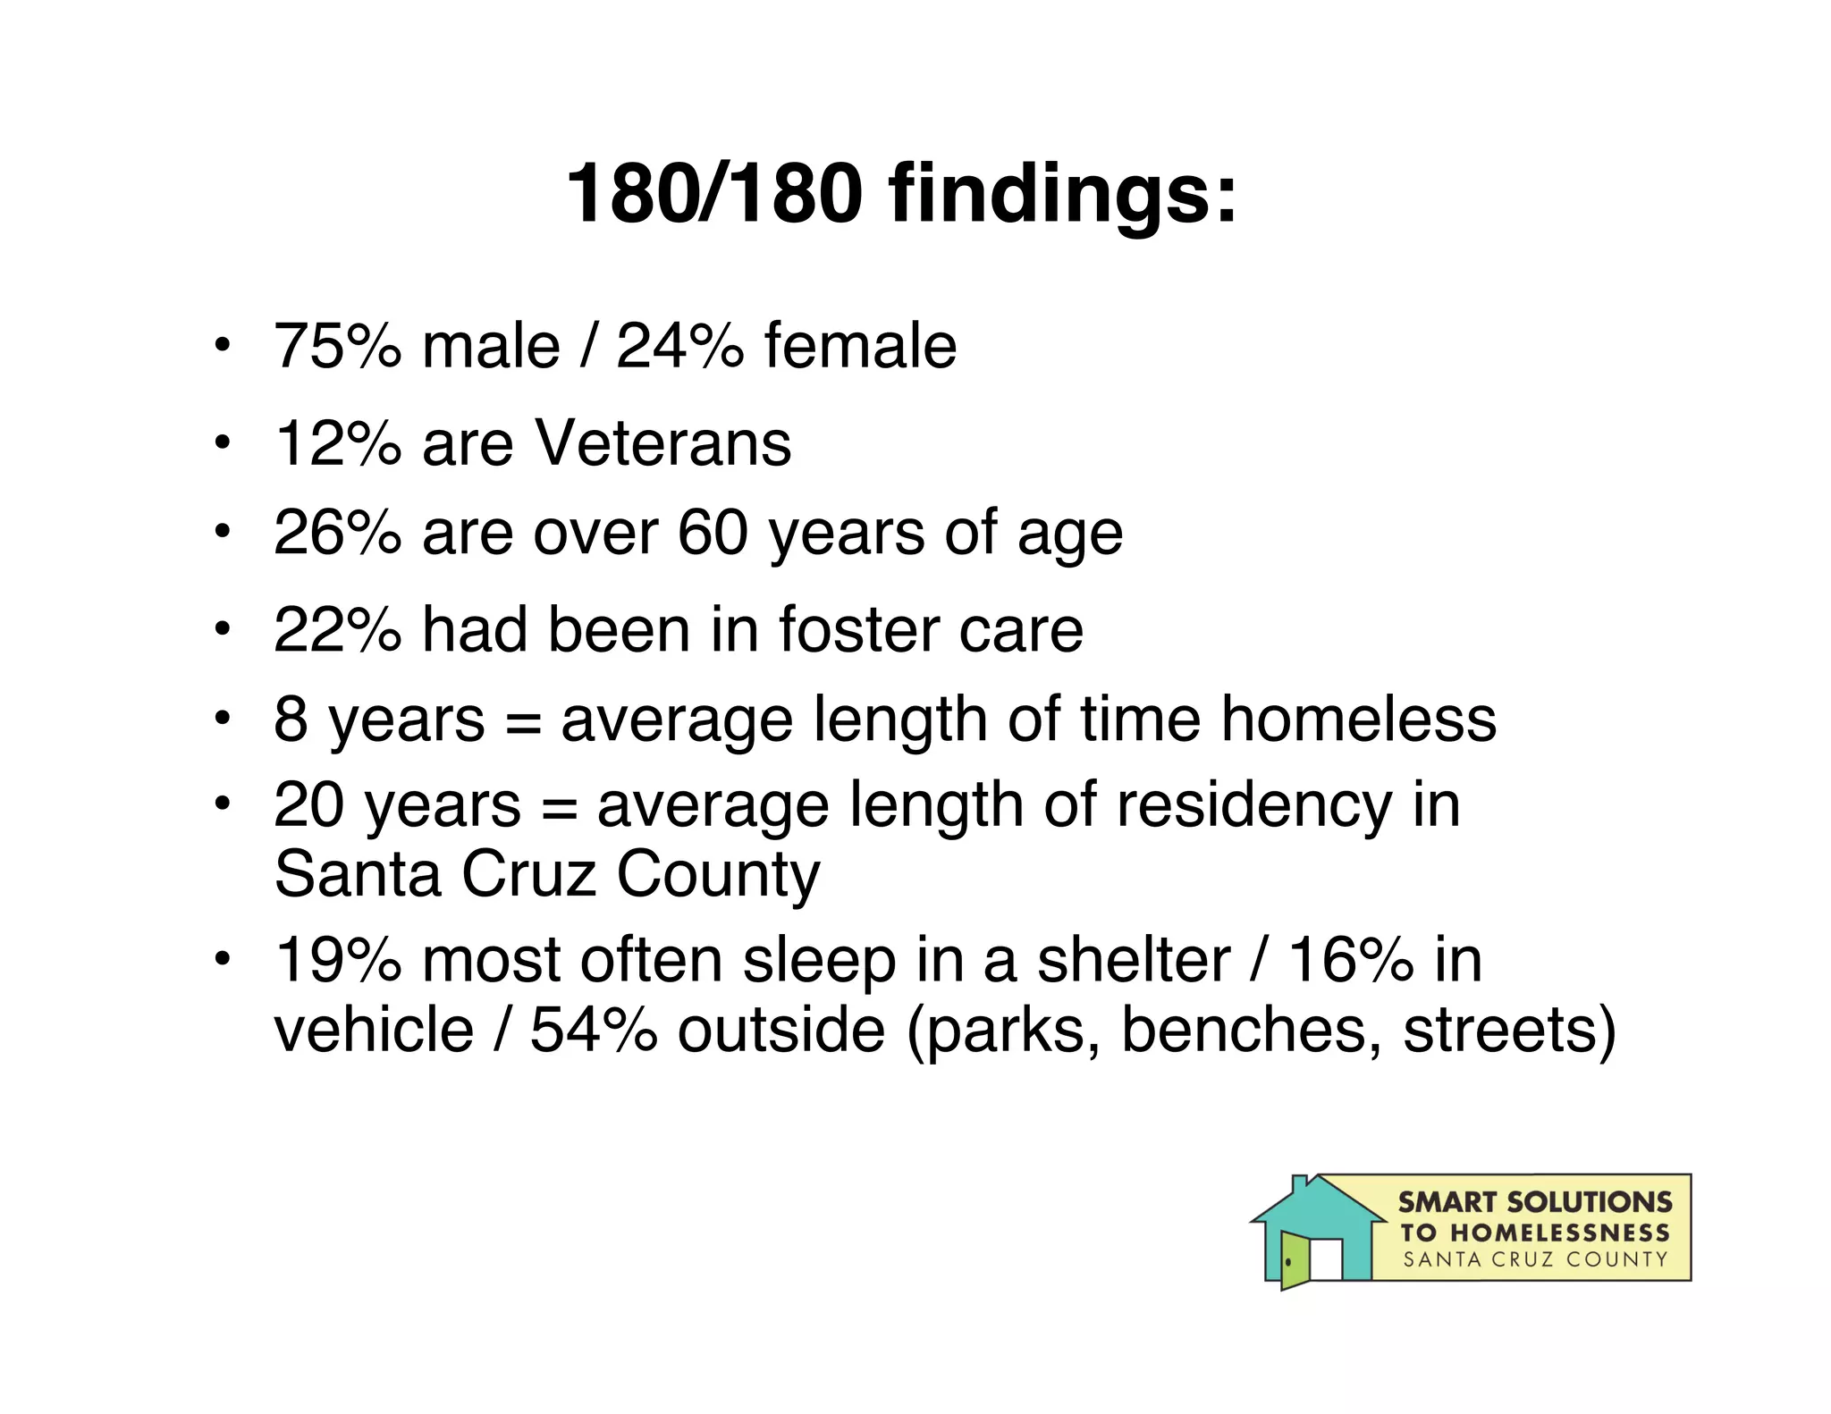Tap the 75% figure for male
click(337, 346)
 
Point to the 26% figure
click(337, 533)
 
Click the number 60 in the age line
click(713, 533)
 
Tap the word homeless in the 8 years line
click(1358, 720)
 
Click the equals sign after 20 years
click(559, 807)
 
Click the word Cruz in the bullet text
click(528, 873)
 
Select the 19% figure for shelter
click(337, 961)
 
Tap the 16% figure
click(1351, 961)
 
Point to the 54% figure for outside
click(594, 1030)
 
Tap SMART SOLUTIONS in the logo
click(1534, 1202)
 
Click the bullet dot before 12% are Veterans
click(222, 442)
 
